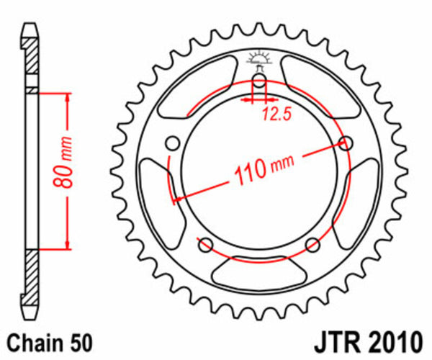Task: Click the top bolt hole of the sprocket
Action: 259,80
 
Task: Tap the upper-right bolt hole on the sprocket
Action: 346,143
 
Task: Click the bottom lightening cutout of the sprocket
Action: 258,274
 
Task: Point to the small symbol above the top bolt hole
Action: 259,59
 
